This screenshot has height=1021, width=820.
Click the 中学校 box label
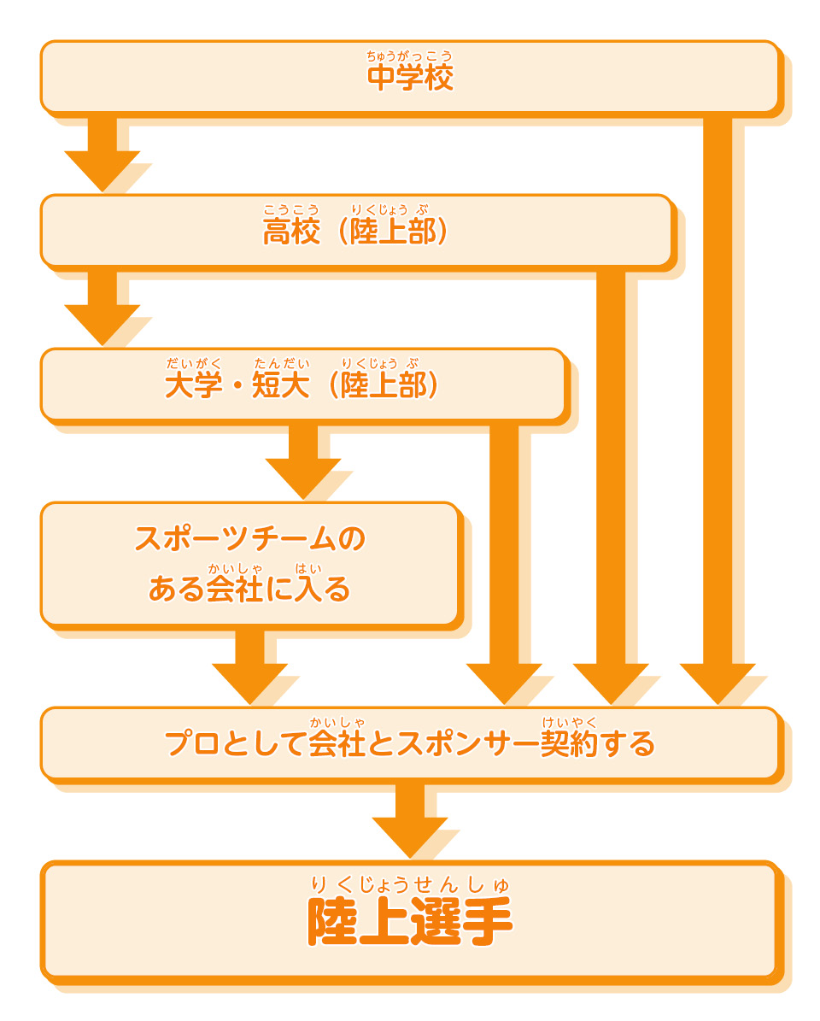pyautogui.click(x=410, y=79)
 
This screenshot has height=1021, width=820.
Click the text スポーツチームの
pyautogui.click(x=250, y=539)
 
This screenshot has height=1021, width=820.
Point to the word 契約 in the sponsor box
pyautogui.click(x=569, y=744)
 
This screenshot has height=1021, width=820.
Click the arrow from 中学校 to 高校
pyautogui.click(x=102, y=154)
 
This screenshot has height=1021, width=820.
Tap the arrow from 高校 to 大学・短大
pyautogui.click(x=102, y=308)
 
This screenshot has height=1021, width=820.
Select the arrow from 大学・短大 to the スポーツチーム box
pyautogui.click(x=303, y=461)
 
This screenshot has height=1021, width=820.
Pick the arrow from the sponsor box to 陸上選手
pyautogui.click(x=410, y=820)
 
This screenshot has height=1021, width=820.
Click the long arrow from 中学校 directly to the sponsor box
pyautogui.click(x=717, y=410)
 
